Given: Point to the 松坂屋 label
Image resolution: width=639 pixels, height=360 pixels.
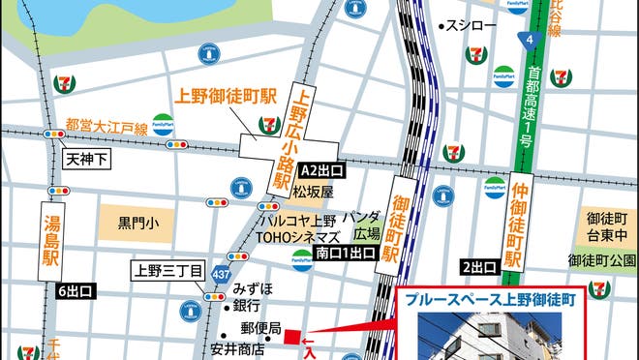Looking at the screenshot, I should coord(315,192).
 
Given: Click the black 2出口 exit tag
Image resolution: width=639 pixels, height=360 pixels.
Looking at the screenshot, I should coord(479,266).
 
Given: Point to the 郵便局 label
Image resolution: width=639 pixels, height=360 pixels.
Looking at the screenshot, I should coord(260,329).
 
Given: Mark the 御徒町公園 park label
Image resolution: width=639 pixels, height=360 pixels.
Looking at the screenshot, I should coord(602,259).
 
